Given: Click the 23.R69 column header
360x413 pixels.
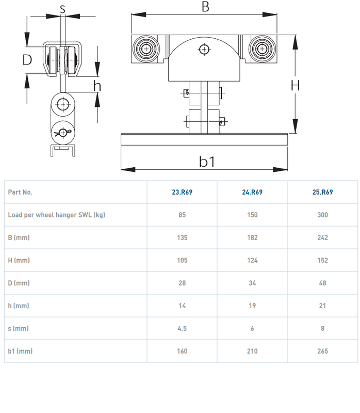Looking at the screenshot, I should pos(182,192).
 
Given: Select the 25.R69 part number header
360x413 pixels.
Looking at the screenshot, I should pos(322,192).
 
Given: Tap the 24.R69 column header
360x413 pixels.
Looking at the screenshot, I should pos(252,192).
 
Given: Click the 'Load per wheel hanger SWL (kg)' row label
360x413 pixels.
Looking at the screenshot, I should pos(56,215).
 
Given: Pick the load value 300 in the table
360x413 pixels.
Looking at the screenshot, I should pos(322,215).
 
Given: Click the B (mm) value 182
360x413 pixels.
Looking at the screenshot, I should pos(252,237).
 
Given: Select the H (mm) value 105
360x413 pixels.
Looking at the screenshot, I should pos(182,260).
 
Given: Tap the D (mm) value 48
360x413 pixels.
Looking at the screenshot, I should pos(322,283).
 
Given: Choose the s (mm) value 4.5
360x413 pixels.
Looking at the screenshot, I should pos(182,328).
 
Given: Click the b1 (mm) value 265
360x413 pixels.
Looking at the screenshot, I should pos(322,351).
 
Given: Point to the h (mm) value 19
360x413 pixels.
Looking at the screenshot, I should pos(252,306).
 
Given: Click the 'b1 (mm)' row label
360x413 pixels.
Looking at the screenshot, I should pos(20,351).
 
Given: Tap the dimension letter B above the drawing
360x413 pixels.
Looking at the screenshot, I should pos(205,7).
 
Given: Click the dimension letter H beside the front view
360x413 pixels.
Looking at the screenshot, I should pos(295,85).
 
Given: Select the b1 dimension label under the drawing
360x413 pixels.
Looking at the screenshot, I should pos(207,162).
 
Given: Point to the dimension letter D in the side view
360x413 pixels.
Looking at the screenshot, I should pos(27,60).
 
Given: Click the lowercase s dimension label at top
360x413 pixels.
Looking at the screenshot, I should pos(62,8).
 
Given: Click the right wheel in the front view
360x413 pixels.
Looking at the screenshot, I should pos(261,50).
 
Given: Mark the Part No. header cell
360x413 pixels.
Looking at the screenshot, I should pos(20,192).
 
